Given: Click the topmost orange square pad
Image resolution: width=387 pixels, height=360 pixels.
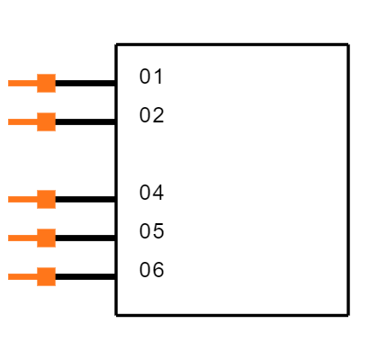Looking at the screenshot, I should tap(46, 83).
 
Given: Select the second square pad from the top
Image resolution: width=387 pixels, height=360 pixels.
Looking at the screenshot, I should tap(46, 121).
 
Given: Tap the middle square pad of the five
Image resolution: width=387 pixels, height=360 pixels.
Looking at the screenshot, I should tap(46, 199).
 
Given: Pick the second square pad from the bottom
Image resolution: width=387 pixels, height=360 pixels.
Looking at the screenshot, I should tap(46, 238).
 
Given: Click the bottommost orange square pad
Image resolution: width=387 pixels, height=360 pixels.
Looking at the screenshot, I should tap(46, 276).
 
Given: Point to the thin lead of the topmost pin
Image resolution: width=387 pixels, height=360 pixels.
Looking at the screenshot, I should tap(22, 83).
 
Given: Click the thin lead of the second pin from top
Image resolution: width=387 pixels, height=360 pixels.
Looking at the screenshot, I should tap(22, 121).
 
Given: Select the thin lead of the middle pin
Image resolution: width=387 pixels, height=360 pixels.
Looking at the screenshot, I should tap(22, 199).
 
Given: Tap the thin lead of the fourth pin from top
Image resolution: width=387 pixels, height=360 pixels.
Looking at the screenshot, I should tap(22, 238).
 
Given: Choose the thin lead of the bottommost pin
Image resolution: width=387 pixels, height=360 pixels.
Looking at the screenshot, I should tap(22, 276).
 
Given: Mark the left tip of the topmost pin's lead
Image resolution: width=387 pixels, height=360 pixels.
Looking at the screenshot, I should tap(9, 83).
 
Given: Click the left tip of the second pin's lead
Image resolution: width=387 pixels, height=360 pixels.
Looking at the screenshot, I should tap(9, 121).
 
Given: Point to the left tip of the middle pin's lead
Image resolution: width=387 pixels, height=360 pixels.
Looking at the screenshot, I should tap(9, 199).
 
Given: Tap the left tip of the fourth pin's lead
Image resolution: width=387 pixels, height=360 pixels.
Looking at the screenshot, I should tap(9, 238).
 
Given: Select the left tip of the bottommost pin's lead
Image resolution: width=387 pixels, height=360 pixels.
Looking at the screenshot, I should tap(9, 276).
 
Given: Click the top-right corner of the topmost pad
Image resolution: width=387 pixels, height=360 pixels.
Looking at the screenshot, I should tap(55, 75).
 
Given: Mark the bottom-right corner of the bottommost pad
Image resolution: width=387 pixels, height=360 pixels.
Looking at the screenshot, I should tap(55, 285).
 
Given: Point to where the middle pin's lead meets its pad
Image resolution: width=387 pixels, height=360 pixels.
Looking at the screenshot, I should tap(37, 199).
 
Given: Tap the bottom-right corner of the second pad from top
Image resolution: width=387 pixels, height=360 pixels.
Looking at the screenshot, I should tap(55, 130).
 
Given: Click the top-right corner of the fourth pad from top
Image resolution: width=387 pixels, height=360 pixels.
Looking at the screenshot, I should tap(55, 229).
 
